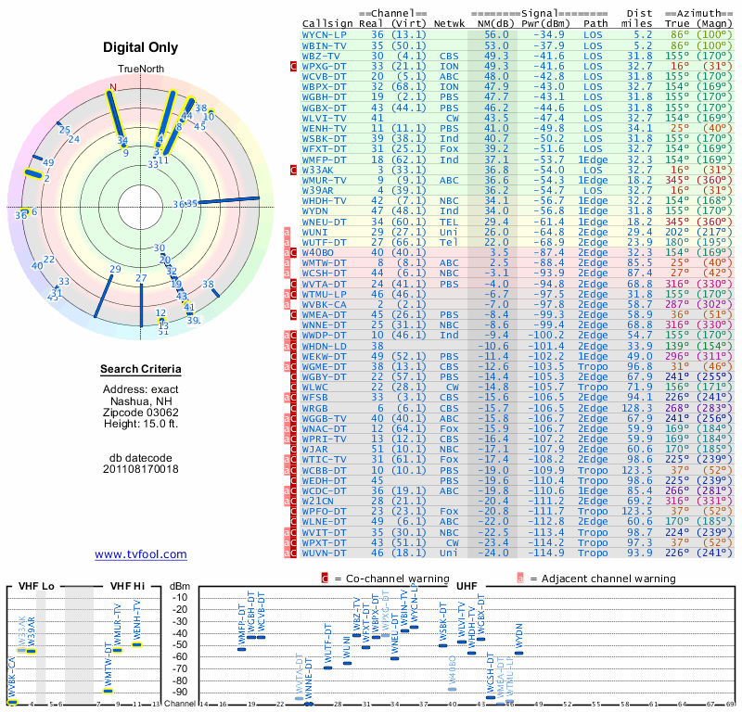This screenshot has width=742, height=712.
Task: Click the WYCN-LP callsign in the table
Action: point(325,33)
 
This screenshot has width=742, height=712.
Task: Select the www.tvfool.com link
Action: point(140,554)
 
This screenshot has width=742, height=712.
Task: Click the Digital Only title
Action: point(141,47)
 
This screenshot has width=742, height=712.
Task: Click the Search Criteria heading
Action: point(141,370)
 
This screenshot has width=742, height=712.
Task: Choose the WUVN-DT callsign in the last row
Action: point(325,553)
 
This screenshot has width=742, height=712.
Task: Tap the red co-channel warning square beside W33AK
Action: point(293,171)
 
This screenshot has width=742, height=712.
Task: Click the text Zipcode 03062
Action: point(141,411)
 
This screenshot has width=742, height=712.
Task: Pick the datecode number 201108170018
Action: point(141,468)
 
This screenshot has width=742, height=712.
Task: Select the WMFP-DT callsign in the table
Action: point(325,159)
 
